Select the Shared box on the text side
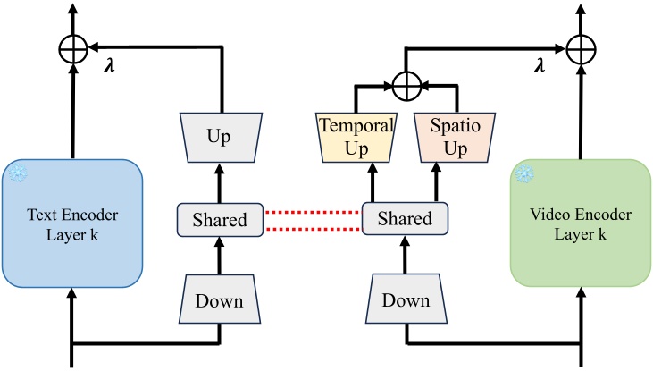point(220,218)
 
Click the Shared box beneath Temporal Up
point(404,218)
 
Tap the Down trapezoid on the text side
point(220,300)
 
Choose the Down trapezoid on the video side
point(406,300)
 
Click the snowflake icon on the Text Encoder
point(17,174)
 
